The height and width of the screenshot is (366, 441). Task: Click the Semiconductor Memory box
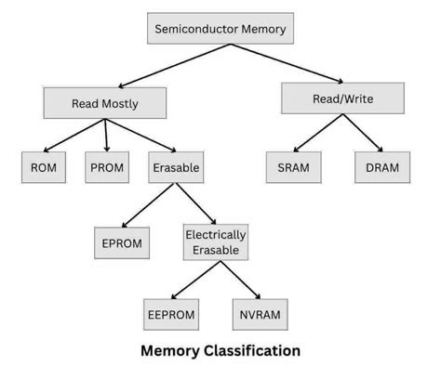click(220, 28)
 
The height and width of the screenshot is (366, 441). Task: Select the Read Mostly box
click(105, 102)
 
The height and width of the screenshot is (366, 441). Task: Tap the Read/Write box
click(343, 98)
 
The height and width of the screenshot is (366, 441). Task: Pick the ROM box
click(43, 169)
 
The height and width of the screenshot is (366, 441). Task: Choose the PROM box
click(109, 169)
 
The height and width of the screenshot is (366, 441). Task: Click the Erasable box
click(177, 169)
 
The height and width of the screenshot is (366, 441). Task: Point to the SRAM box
click(293, 169)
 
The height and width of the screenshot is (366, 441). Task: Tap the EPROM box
click(121, 243)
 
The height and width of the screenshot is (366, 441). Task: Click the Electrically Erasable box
click(216, 243)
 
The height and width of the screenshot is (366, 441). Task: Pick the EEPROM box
click(171, 314)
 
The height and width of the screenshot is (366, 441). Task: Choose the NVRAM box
click(258, 314)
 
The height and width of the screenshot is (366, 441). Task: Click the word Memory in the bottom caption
click(166, 351)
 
